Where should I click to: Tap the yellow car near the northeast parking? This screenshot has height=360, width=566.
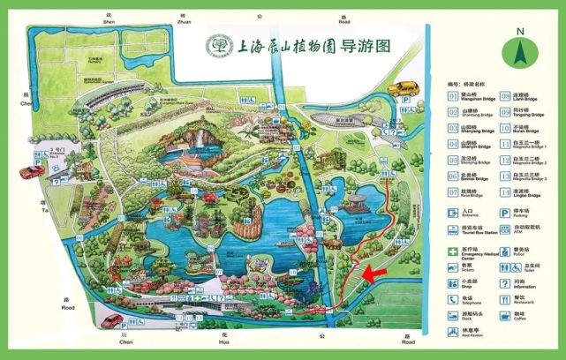pos(404,88)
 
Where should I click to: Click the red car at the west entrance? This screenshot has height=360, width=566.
pos(32,173)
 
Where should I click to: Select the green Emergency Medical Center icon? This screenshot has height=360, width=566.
pos(452,251)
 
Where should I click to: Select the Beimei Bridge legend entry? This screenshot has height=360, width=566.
pos(469,176)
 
